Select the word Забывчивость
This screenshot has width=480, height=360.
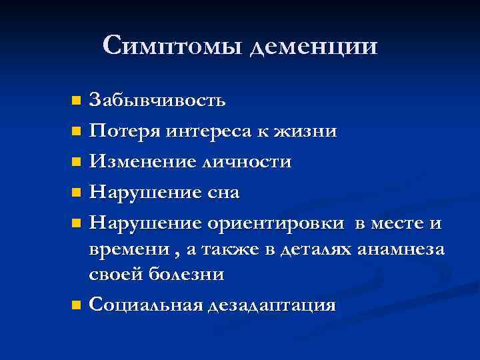pyautogui.click(x=157, y=101)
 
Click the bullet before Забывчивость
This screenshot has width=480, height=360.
pyautogui.click(x=77, y=101)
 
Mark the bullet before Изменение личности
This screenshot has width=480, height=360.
pyautogui.click(x=77, y=162)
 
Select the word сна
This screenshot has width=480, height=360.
pyautogui.click(x=222, y=193)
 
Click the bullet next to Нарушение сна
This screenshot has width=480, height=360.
pyautogui.click(x=77, y=193)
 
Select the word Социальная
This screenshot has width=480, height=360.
pyautogui.click(x=145, y=305)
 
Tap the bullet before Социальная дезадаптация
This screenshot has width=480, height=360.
pyautogui.click(x=77, y=306)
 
